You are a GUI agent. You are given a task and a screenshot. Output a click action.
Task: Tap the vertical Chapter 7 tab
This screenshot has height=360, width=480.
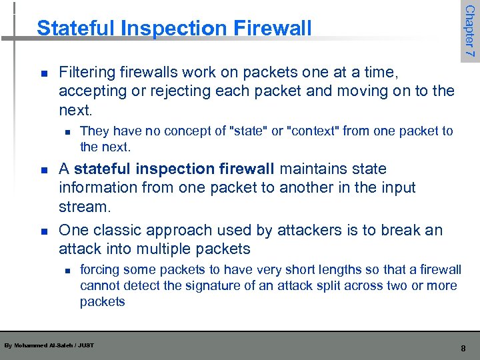pos(469,31)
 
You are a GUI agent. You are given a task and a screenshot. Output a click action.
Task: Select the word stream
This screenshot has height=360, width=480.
pos(83,207)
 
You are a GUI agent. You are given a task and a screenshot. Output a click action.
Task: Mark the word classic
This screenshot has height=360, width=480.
pos(119,231)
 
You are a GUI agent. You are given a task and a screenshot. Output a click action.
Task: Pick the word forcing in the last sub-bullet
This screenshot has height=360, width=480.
pos(100,270)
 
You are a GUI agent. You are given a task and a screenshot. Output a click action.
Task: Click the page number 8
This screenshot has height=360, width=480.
pos(463,347)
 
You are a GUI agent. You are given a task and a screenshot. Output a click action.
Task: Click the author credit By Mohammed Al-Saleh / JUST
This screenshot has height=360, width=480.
pos(49,345)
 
